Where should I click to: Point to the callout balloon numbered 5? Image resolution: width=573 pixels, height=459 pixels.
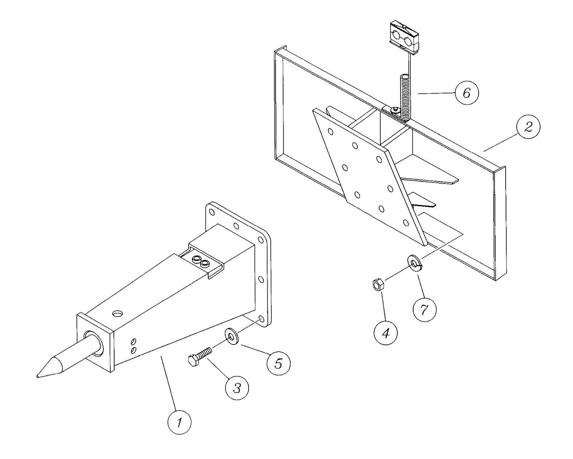click(x=278, y=363)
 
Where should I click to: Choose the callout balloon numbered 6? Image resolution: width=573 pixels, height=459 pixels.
click(x=466, y=93)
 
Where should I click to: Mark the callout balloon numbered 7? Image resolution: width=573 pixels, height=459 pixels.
click(x=425, y=309)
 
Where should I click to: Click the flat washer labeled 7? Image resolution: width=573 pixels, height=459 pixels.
click(x=415, y=263)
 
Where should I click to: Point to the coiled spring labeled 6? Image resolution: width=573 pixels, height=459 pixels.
click(x=404, y=97)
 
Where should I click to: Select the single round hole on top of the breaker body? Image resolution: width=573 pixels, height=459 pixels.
click(x=117, y=314)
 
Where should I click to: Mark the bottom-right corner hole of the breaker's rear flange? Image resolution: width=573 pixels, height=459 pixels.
click(x=261, y=319)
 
